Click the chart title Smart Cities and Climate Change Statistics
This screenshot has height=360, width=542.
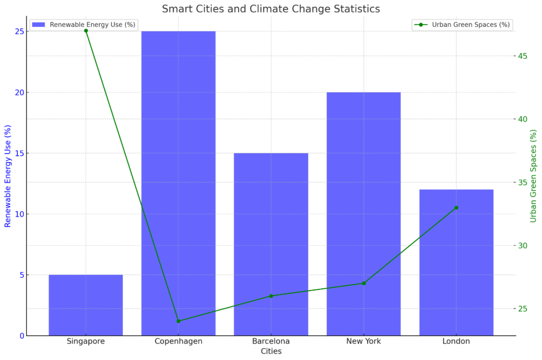pos(270,8)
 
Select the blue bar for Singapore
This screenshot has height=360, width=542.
pos(86,305)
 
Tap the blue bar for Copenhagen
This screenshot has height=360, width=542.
pos(178,183)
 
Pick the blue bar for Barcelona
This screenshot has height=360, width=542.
pos(271,244)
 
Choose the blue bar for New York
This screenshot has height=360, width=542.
pos(364,214)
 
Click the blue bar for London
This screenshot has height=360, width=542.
pos(456,263)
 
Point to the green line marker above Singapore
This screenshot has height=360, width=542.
pos(86,31)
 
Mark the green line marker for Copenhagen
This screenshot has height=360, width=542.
pos(178,321)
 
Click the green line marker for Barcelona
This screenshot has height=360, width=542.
pos(271,296)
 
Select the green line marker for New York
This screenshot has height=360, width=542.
pos(364,283)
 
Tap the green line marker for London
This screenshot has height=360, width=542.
pos(456,208)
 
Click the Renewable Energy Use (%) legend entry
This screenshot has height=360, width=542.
pos(84,25)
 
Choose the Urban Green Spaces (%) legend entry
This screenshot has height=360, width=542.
pos(462,25)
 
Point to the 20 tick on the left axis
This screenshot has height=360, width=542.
pos(20,92)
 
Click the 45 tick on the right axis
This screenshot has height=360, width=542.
pos(522,56)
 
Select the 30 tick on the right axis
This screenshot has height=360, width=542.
pos(522,246)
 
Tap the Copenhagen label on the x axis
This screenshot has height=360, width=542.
pos(178,341)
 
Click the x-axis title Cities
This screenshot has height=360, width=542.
pos(271,352)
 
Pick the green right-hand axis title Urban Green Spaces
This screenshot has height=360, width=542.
pos(533,176)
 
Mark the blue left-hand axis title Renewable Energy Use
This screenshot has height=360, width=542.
pos(7,176)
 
